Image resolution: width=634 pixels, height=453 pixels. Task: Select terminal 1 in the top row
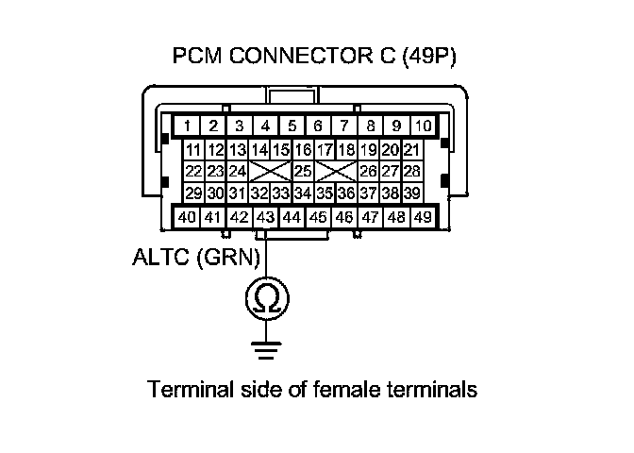tap(189, 125)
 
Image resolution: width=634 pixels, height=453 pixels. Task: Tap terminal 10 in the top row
tap(424, 125)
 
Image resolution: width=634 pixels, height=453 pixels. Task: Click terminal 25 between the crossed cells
tap(304, 171)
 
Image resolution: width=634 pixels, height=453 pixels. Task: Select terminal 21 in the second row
tap(411, 150)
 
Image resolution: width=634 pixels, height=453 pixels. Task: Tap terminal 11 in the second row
tap(193, 150)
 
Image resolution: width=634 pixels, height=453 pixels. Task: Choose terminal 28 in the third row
tap(411, 171)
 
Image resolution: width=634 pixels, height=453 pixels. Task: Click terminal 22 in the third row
tap(193, 171)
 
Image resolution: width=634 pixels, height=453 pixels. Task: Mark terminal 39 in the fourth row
tap(411, 193)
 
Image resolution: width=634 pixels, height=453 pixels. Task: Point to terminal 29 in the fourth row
tap(193, 193)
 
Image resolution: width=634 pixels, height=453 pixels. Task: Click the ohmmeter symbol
tap(267, 299)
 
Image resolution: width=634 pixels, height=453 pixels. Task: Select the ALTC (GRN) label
tap(195, 256)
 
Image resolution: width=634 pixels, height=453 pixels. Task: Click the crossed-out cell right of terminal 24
tap(271, 171)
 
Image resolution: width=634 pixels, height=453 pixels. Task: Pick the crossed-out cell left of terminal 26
tap(335, 171)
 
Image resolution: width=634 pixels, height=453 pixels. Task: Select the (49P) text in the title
tap(428, 56)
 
